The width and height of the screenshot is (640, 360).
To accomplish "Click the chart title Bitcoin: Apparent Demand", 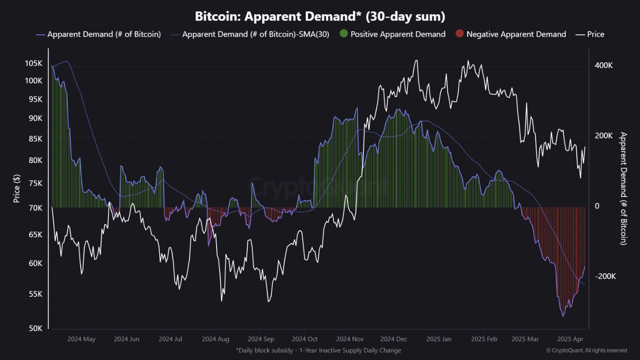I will tap(320, 16).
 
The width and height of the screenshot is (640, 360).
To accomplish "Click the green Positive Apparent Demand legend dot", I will tap(344, 34).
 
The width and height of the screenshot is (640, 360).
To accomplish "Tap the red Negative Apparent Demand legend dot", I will tap(460, 34).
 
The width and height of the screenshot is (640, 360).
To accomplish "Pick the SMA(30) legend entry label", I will tap(255, 34).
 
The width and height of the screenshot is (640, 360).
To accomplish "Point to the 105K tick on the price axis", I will tap(34, 63).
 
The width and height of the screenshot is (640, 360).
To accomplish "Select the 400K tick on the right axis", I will tap(604, 65).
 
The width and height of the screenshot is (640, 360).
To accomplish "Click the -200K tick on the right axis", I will tap(605, 277).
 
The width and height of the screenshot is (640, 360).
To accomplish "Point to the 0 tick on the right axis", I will tap(597, 206).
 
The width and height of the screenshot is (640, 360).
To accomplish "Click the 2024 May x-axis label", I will tap(81, 339).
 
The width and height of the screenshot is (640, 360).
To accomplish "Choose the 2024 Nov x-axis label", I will tap(350, 339).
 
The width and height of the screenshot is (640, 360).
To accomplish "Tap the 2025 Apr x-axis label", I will tap(569, 339).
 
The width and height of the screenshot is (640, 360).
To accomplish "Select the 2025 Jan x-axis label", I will tap(439, 339).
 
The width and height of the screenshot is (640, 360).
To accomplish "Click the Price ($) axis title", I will tap(17, 188).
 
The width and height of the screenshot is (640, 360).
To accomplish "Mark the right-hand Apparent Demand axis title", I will tap(623, 188).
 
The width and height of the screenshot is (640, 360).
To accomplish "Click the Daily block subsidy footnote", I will tap(319, 350).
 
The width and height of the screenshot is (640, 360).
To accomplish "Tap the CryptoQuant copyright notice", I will tap(586, 350).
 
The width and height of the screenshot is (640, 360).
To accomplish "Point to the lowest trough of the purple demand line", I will tap(563, 316).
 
